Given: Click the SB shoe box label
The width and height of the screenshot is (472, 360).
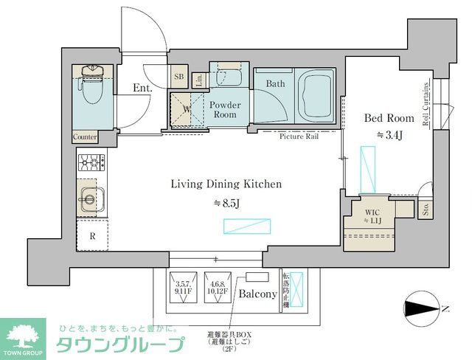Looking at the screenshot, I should pyautogui.click(x=178, y=76).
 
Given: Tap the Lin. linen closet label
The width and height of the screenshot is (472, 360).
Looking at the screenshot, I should pyautogui.click(x=199, y=80).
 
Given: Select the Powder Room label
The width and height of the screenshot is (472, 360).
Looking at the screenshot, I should pyautogui.click(x=225, y=110).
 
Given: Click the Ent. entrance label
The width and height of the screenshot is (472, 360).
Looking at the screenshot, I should pyautogui.click(x=142, y=89).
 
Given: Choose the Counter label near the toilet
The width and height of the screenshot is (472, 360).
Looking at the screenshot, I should pyautogui.click(x=86, y=137).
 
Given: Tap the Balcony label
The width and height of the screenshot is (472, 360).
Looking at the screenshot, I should pyautogui.click(x=257, y=294).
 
